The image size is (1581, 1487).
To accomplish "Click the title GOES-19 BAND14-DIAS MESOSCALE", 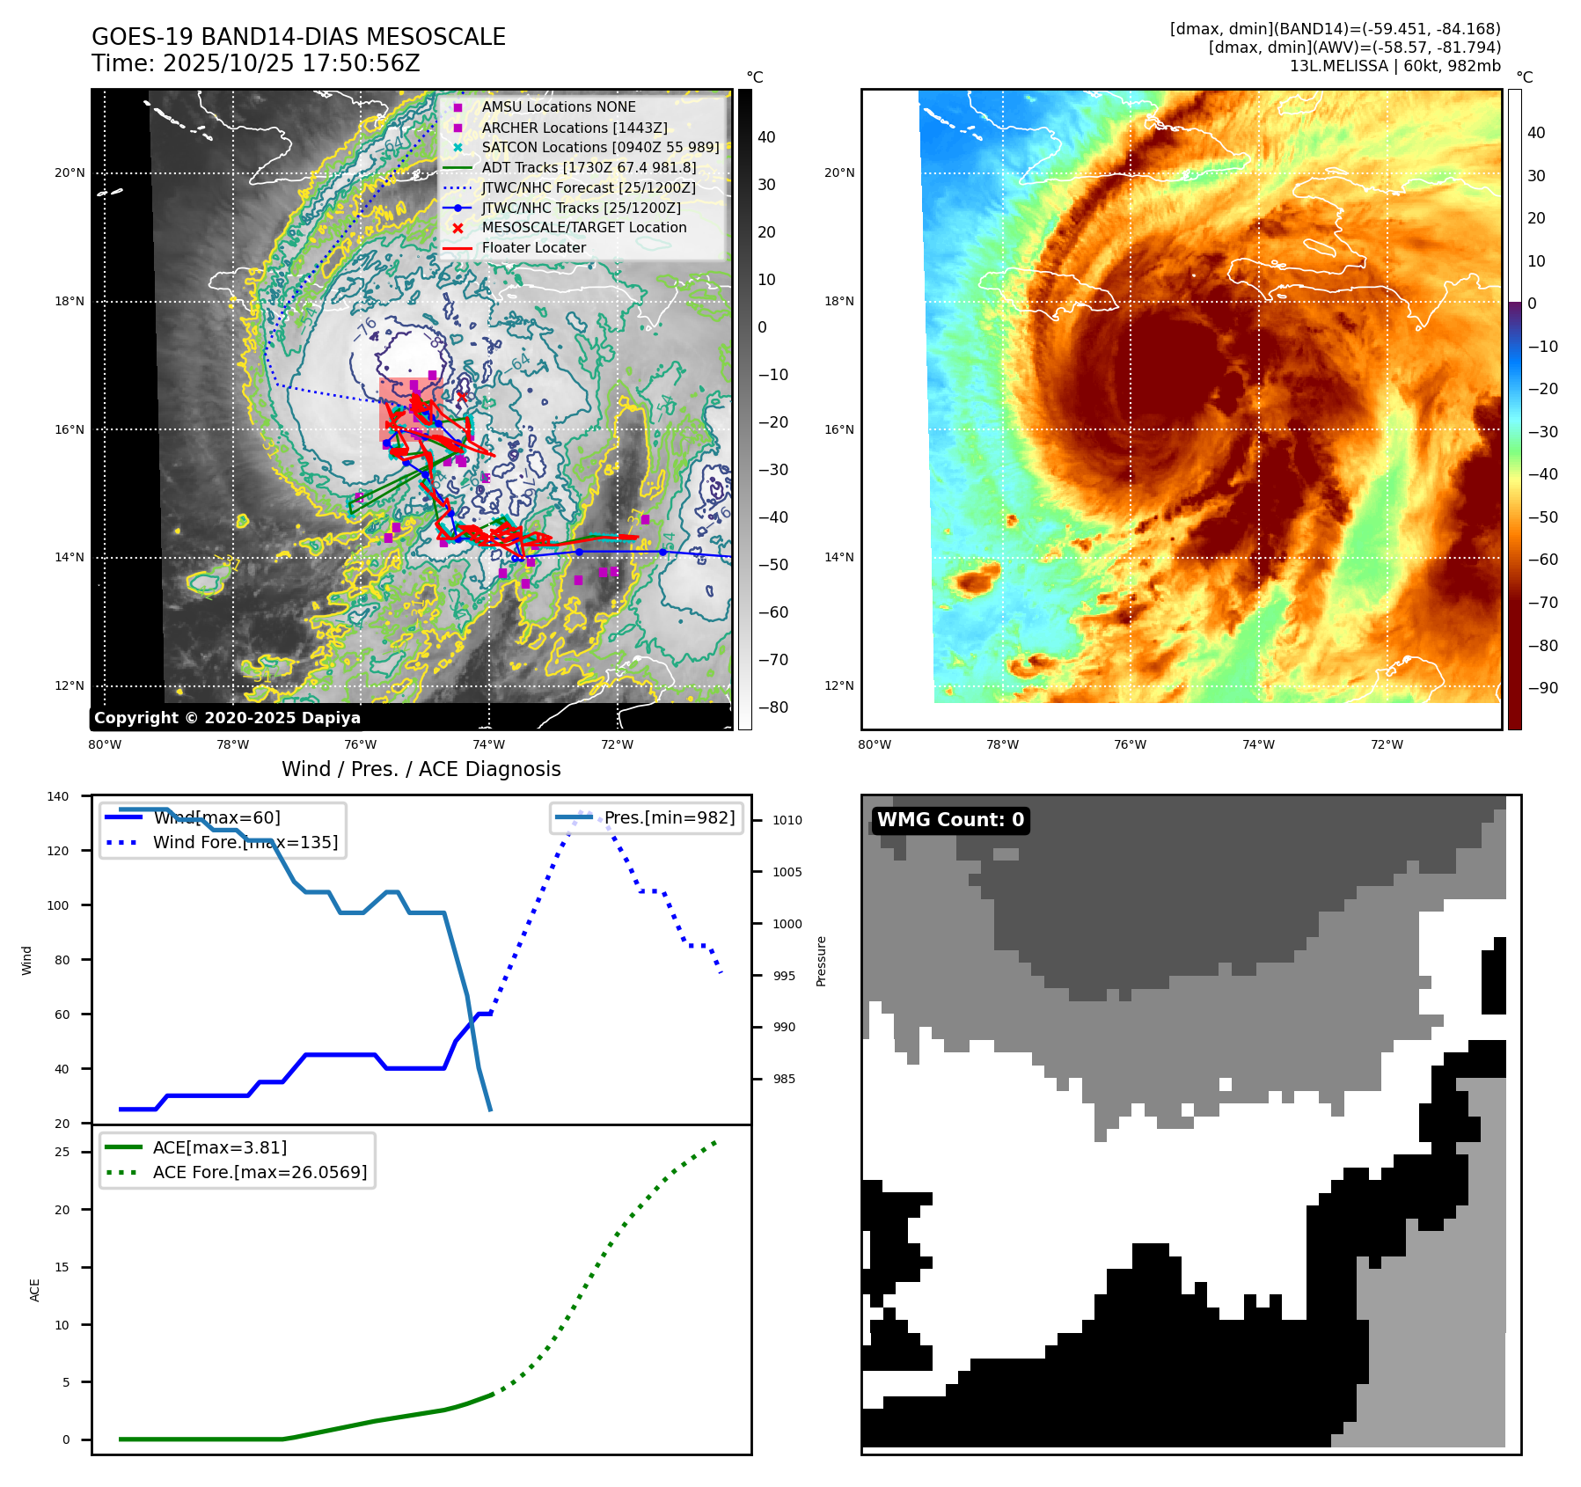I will point(298,37).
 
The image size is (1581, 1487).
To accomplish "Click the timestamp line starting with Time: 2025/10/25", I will point(255,63).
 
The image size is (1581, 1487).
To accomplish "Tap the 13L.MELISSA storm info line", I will point(1394,66).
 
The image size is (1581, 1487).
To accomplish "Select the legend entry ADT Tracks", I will point(589,167).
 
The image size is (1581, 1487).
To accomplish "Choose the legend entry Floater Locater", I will point(533,247).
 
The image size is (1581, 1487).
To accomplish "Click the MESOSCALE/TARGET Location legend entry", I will point(583,227).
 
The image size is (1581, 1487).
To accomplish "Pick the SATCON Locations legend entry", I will point(600,147).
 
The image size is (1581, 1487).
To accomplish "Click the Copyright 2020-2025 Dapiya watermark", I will point(227,718).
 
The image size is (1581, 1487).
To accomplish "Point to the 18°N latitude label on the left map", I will point(70,301).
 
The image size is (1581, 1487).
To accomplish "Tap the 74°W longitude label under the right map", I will point(1258,744).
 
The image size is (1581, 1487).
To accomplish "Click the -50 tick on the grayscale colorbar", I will point(773,565).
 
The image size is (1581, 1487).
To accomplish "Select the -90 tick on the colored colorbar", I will point(1542,688).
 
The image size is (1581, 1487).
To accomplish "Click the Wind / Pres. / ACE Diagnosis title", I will point(421,769).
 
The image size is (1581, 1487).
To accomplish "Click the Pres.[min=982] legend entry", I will point(669,817).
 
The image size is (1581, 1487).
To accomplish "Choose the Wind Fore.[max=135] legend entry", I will point(245,842).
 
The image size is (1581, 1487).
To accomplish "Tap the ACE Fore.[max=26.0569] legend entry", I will point(260,1172).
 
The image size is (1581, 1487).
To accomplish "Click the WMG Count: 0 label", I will point(950,820).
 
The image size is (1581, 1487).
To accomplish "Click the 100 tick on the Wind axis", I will point(58,905).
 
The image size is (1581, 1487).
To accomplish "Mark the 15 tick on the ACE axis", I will point(62,1267).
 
